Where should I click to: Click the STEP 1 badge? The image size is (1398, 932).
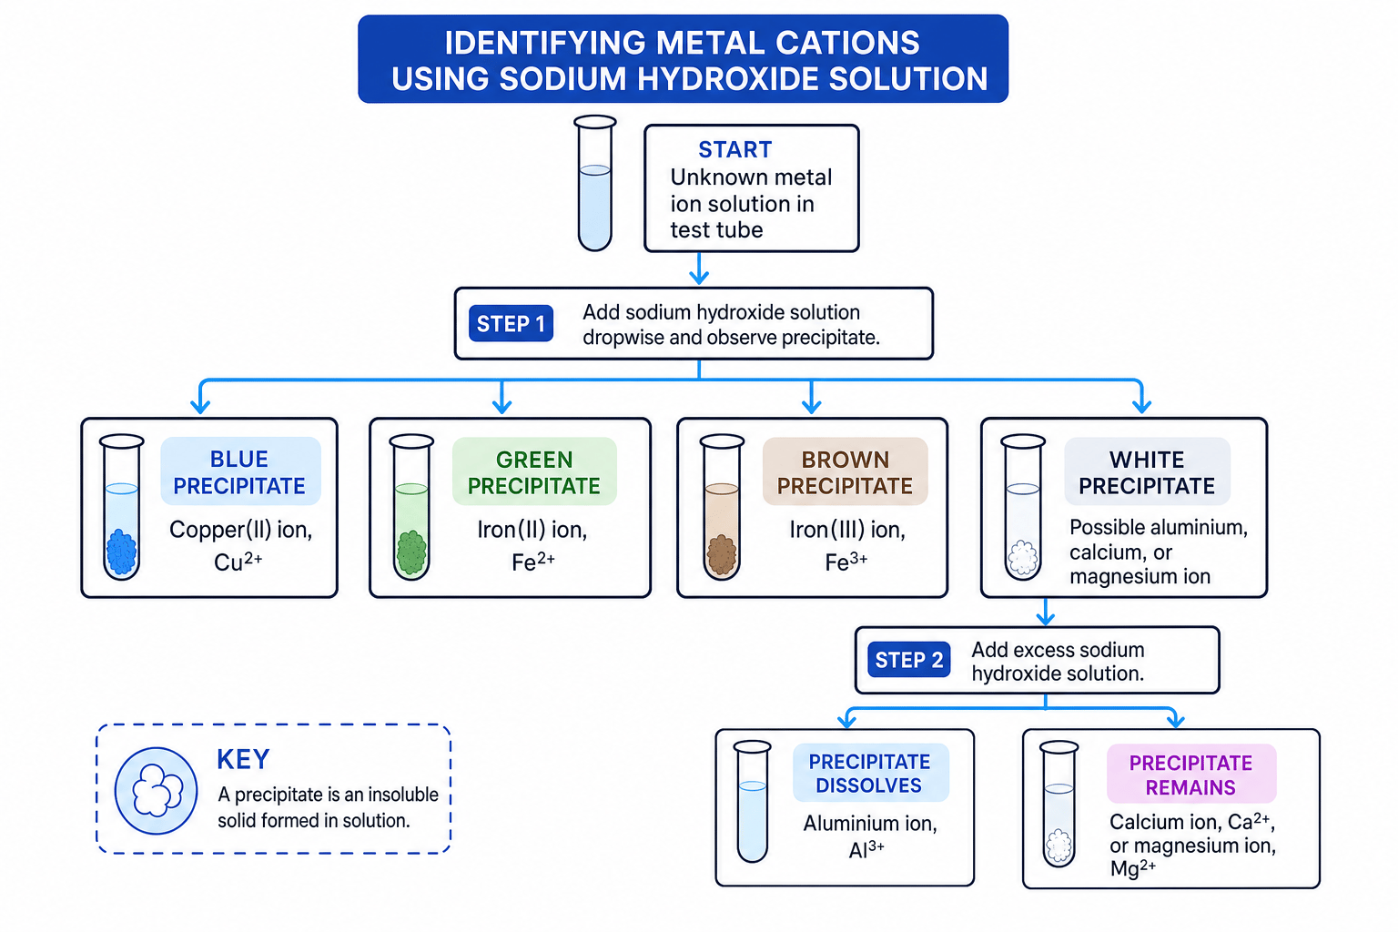[511, 323]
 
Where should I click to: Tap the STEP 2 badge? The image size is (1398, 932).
[908, 660]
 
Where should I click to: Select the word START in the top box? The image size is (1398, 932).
[735, 150]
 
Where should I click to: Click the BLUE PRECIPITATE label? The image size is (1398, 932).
[240, 472]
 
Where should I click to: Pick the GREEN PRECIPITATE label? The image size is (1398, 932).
[534, 472]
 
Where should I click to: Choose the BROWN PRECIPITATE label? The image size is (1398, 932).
[845, 472]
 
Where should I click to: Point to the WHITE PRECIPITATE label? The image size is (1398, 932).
[1147, 472]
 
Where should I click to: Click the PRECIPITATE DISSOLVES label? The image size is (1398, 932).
[870, 773]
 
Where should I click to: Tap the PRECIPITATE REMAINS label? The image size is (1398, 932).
[1190, 774]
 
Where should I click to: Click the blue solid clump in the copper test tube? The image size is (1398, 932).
[122, 552]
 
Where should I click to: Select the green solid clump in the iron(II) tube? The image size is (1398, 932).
[411, 552]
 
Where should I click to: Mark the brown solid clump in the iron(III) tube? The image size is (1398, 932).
[722, 553]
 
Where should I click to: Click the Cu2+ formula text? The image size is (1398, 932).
[238, 562]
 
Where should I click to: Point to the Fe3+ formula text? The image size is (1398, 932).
[846, 562]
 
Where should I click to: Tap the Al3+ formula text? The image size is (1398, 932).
[866, 849]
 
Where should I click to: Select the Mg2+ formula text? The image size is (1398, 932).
[1133, 867]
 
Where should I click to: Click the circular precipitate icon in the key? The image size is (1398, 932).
[156, 791]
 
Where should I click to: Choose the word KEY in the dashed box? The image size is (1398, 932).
[243, 759]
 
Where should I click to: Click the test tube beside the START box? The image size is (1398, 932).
[594, 183]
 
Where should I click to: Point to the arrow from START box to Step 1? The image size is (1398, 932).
[699, 268]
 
